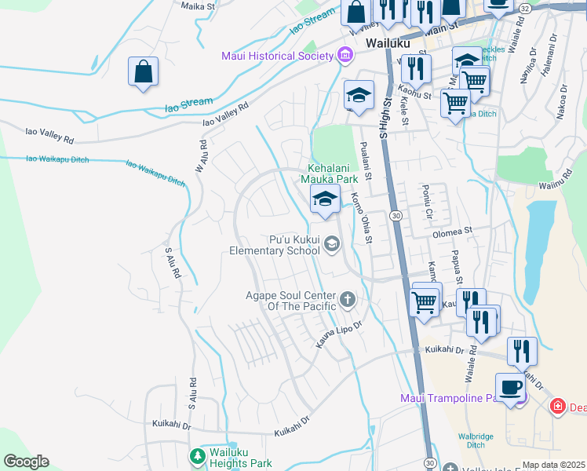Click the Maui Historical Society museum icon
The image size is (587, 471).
point(344,55)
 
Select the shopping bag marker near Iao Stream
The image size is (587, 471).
point(144,72)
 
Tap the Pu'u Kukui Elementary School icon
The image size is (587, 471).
point(331,245)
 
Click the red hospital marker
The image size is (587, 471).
point(557,407)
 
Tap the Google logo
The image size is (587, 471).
point(25,462)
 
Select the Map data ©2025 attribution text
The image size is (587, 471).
point(552,465)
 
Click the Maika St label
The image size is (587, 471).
point(197,6)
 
